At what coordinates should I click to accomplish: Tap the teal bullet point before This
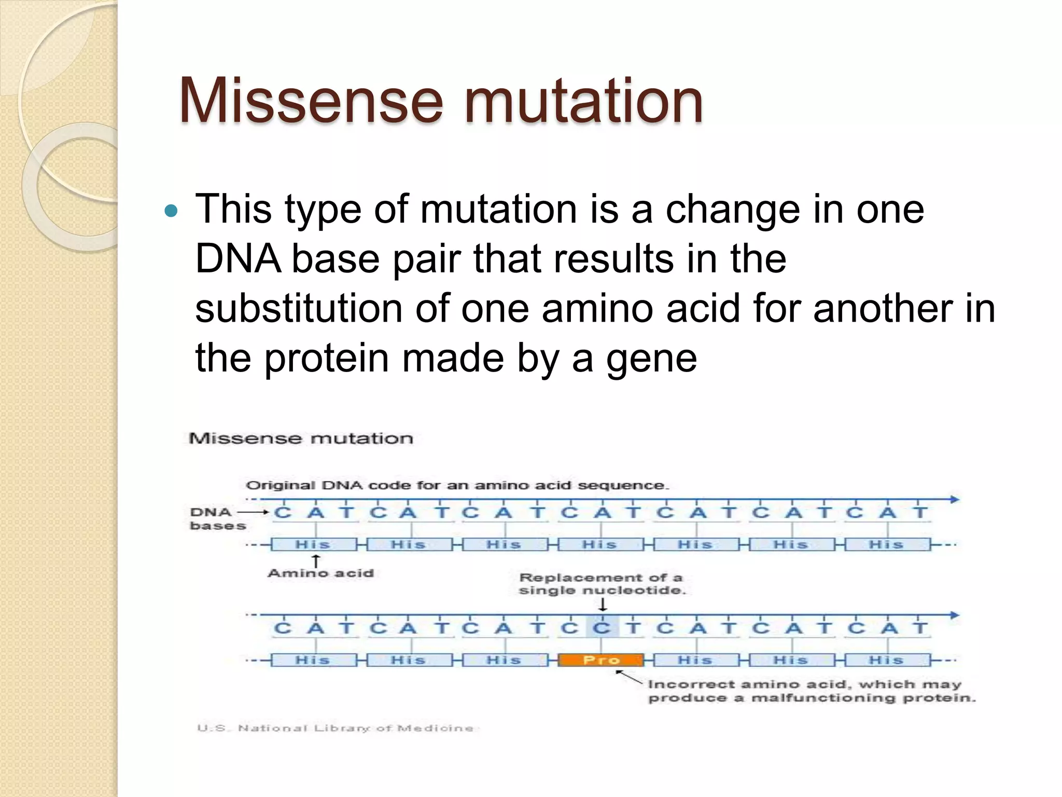point(170,211)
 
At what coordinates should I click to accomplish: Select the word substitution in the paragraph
point(299,309)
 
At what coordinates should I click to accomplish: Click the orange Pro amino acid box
point(601,660)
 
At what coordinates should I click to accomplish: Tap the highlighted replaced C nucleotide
point(602,628)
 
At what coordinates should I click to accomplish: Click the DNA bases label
point(217,519)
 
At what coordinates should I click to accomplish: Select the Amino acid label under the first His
point(320,573)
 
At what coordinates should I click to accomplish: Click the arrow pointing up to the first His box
point(315,561)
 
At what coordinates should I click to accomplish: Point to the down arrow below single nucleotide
point(603,604)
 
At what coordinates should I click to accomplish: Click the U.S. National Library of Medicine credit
point(335,728)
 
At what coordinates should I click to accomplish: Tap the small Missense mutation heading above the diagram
point(301,439)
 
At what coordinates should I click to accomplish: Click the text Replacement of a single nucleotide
point(602,584)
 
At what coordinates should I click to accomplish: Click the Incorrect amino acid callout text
point(811,691)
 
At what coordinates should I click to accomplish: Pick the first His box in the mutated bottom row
point(313,660)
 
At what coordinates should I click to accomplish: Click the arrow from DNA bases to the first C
point(253,513)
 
